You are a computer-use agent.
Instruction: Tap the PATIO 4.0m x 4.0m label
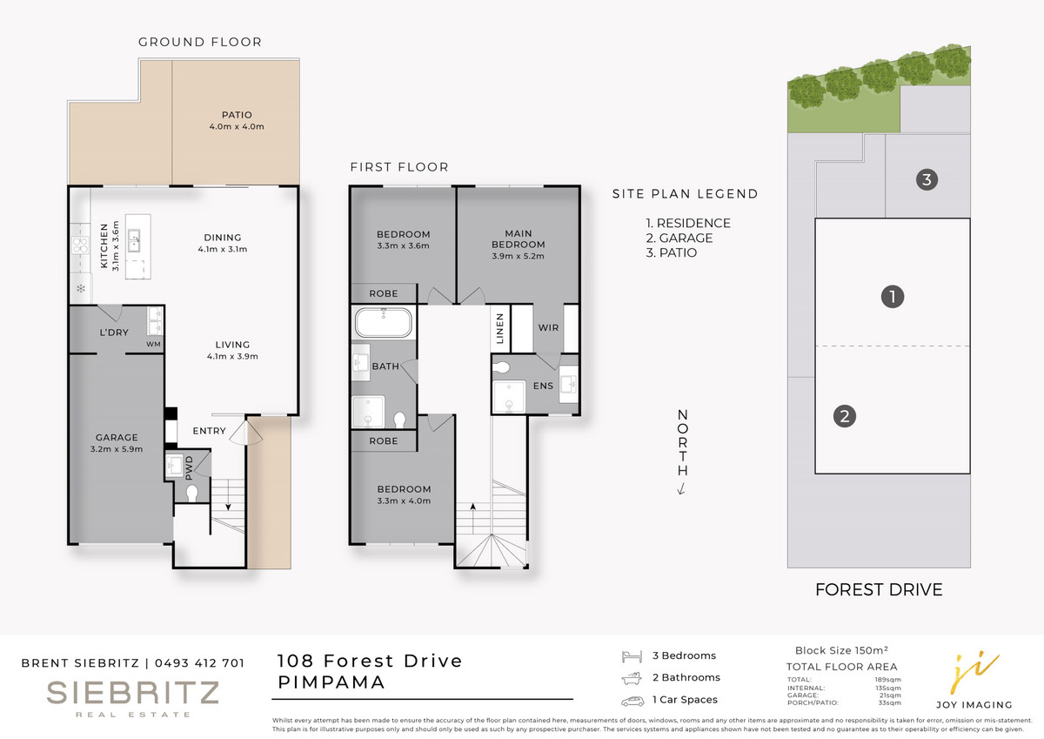tap(237, 120)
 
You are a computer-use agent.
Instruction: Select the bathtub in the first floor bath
tap(384, 322)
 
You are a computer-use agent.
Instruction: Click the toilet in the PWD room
tap(192, 494)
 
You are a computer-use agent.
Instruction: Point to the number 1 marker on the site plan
tap(893, 297)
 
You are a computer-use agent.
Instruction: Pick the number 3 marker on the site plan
tap(927, 179)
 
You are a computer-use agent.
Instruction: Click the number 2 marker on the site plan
tap(845, 416)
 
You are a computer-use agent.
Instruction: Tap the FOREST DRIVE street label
tap(879, 590)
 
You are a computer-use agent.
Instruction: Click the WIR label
tap(548, 328)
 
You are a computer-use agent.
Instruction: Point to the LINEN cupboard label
tap(500, 328)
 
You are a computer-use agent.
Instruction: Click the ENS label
tap(543, 386)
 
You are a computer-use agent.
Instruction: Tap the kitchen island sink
tap(134, 240)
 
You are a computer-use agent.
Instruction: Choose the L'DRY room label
tap(114, 333)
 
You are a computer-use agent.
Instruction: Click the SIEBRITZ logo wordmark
tap(133, 693)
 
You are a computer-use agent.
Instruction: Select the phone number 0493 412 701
tap(199, 663)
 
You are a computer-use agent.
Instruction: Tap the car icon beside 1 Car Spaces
tap(632, 701)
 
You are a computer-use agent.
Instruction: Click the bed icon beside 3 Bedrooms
tap(632, 656)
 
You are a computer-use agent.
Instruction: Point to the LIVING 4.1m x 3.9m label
tap(232, 350)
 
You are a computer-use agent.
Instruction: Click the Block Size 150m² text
tap(841, 650)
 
